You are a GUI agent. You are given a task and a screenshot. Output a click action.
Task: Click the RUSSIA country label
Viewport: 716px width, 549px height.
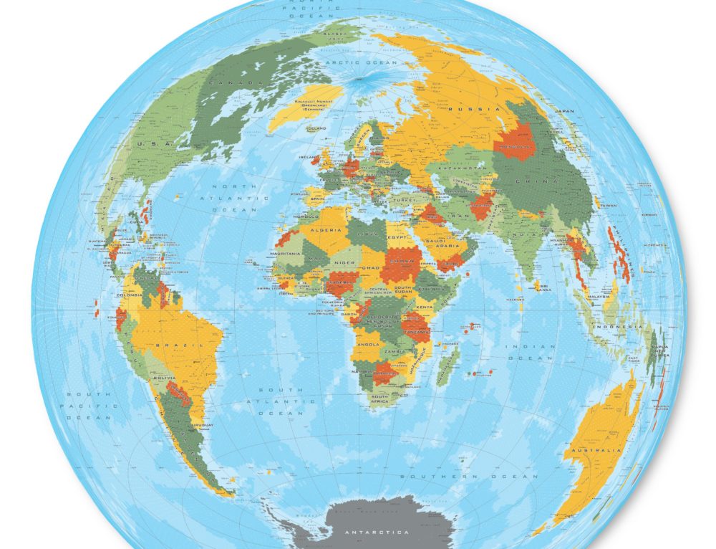[474, 109]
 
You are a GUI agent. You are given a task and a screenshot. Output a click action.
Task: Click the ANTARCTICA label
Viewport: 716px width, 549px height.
[377, 533]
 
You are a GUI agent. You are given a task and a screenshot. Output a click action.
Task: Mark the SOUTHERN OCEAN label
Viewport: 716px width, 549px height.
[468, 476]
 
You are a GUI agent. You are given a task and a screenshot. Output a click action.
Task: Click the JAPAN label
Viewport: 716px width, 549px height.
[566, 111]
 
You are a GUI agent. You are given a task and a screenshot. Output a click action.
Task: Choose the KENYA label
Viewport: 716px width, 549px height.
[425, 307]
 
